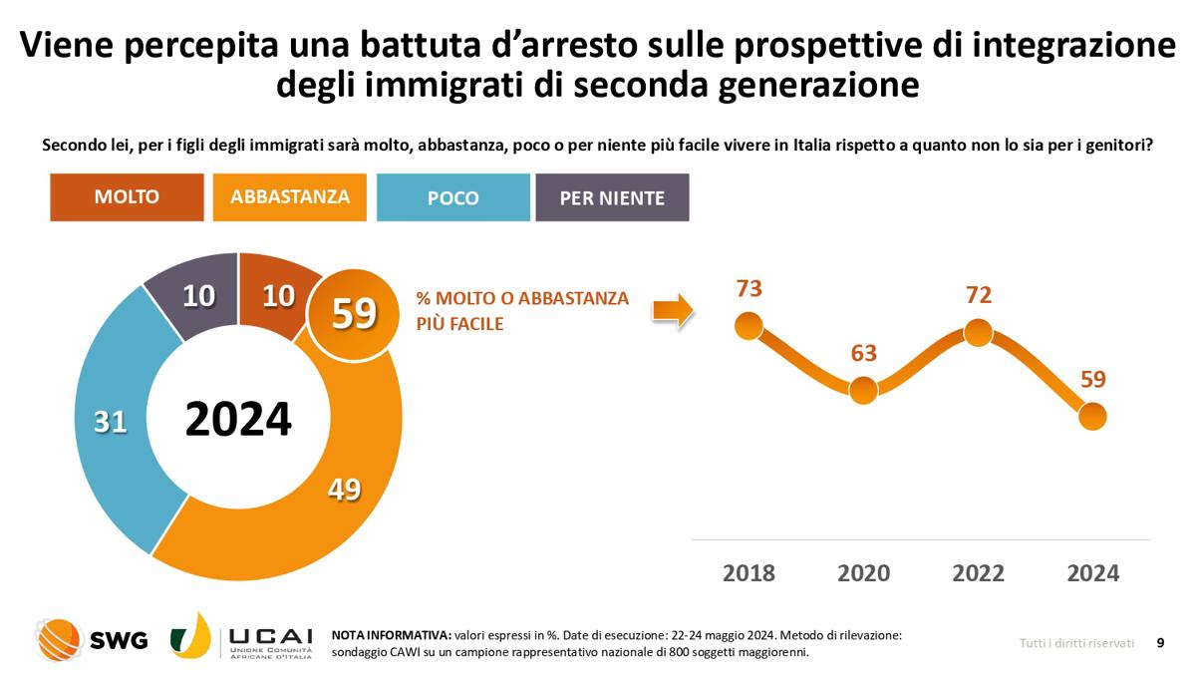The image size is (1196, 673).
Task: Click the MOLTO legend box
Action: (127, 197)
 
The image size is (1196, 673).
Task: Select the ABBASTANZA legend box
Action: (290, 197)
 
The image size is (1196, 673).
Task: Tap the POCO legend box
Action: (452, 197)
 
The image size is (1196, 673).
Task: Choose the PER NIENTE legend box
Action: (612, 197)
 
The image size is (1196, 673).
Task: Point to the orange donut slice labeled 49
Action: (344, 489)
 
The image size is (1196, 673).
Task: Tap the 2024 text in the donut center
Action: (238, 420)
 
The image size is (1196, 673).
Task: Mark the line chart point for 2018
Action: (748, 325)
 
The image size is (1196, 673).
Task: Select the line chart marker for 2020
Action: (863, 390)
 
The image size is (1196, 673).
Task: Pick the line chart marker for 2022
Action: (978, 333)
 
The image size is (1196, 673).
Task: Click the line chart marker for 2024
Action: (1092, 416)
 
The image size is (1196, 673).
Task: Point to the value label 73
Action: (748, 288)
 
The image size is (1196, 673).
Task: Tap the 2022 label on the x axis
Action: (978, 573)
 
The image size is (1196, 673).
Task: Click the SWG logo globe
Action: (59, 639)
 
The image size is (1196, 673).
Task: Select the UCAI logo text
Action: (270, 636)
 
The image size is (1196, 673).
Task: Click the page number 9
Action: (1160, 643)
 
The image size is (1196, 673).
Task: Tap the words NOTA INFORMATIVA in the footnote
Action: (390, 634)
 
